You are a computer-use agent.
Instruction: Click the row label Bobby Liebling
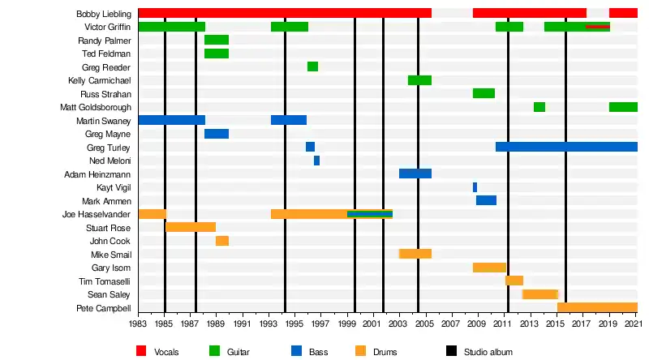104,14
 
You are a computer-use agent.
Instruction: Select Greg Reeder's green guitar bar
312,66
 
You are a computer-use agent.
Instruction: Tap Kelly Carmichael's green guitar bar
419,80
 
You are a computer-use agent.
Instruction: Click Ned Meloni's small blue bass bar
316,161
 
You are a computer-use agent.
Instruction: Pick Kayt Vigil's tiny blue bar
475,187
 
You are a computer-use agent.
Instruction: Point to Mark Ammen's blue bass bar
486,200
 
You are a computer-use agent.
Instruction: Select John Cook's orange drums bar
222,241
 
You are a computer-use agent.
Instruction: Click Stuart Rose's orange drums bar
191,227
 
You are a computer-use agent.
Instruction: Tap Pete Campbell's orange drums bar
597,307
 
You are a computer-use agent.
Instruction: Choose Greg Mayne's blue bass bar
217,134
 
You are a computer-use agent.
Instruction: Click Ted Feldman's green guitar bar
217,54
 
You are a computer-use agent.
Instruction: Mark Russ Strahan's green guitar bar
484,93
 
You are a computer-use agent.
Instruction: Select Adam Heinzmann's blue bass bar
415,174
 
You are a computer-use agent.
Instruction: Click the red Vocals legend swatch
141,351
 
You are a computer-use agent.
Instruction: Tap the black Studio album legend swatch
452,351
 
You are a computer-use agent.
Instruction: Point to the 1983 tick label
139,323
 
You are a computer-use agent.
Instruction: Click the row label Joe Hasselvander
97,214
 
